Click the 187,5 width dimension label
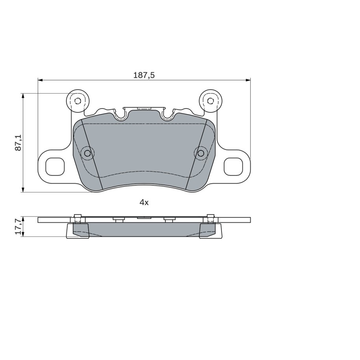click(x=144, y=75)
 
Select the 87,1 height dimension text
click(x=18, y=142)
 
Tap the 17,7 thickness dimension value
click(x=18, y=226)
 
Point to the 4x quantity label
click(x=144, y=202)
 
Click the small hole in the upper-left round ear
click(x=78, y=101)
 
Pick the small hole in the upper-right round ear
click(x=210, y=101)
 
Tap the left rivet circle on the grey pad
click(x=87, y=153)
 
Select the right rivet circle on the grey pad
click(x=200, y=153)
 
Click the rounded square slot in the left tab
click(x=55, y=167)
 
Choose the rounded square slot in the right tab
click(x=233, y=167)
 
